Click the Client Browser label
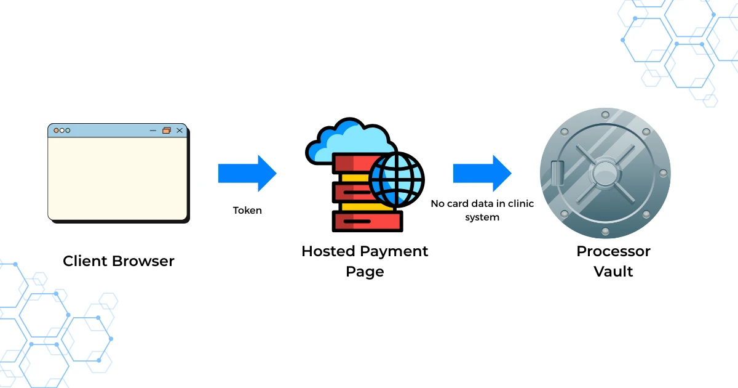118,261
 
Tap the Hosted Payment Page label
365,261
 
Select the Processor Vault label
613,261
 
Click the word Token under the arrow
247,211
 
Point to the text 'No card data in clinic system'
482,210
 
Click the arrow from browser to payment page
247,173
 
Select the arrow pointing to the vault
482,173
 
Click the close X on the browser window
180,131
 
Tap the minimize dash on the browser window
153,131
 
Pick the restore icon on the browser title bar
166,131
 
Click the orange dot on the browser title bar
56,131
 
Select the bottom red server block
367,220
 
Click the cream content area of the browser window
117,178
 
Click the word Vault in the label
613,271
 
